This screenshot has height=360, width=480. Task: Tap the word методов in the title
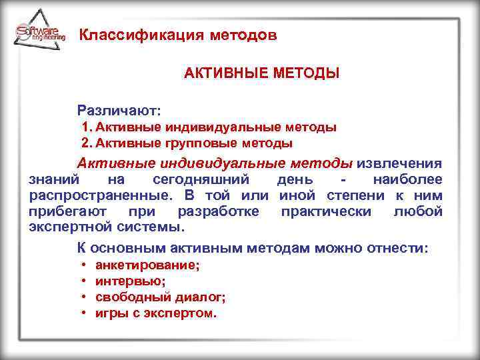tap(241, 35)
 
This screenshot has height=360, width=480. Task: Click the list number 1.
tap(85, 127)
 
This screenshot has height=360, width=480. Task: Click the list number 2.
tap(85, 143)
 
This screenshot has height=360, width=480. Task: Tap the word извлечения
tap(400, 163)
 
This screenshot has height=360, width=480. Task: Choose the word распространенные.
tap(96, 195)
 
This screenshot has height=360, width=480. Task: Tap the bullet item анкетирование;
tap(147, 265)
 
